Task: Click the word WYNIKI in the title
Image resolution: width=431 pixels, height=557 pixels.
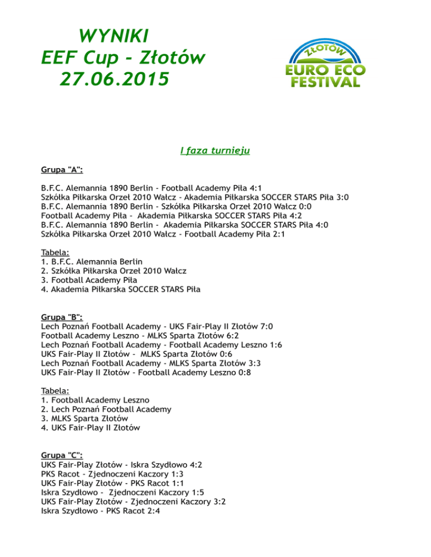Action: pos(114,36)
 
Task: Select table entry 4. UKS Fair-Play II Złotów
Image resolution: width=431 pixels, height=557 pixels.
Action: pos(90,428)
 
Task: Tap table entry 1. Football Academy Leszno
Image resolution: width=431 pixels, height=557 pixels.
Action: pos(95,400)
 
